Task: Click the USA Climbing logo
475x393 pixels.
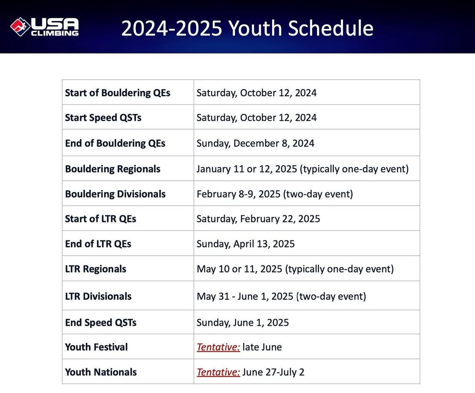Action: pyautogui.click(x=44, y=27)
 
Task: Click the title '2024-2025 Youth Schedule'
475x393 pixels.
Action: pyautogui.click(x=247, y=28)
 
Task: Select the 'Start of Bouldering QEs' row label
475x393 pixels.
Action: pyautogui.click(x=117, y=93)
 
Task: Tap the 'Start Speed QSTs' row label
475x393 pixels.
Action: pyautogui.click(x=103, y=117)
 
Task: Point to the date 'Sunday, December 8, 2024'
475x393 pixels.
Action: pyautogui.click(x=256, y=143)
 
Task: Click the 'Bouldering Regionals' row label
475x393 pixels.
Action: pyautogui.click(x=113, y=169)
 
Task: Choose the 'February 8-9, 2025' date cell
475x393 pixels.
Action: pyautogui.click(x=275, y=194)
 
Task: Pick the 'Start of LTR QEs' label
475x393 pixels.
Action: pyautogui.click(x=101, y=218)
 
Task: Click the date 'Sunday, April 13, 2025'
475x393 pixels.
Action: pyautogui.click(x=245, y=244)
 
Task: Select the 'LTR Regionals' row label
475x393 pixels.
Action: pyautogui.click(x=96, y=269)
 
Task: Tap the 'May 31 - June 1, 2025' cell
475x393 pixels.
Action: pyautogui.click(x=281, y=296)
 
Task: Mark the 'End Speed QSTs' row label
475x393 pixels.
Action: pyautogui.click(x=101, y=323)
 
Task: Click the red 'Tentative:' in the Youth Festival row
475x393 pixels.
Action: pyautogui.click(x=219, y=347)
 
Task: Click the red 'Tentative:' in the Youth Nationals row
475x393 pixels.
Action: pyautogui.click(x=219, y=372)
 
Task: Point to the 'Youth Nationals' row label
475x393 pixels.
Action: pyautogui.click(x=101, y=372)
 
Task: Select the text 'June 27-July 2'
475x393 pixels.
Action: pyautogui.click(x=273, y=372)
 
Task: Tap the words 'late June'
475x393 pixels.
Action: pyautogui.click(x=262, y=347)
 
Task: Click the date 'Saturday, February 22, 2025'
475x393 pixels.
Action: pyautogui.click(x=258, y=218)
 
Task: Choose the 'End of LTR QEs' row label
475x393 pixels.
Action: pyautogui.click(x=98, y=244)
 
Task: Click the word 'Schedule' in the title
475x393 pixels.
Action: pyautogui.click(x=331, y=28)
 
